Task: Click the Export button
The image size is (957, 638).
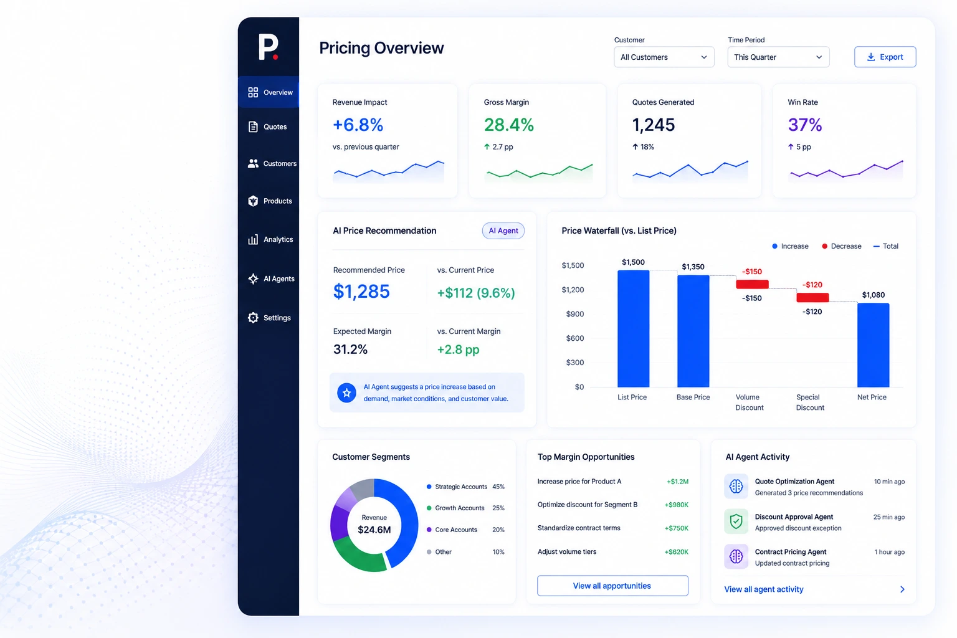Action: [x=885, y=57]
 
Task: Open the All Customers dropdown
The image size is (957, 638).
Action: [x=664, y=57]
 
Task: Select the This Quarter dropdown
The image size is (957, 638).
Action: [x=778, y=57]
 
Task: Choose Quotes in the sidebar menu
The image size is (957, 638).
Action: [x=268, y=127]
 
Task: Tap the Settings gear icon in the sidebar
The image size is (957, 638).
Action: [x=253, y=318]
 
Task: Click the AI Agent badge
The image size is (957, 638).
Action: [x=503, y=231]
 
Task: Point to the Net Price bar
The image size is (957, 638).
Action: [x=873, y=345]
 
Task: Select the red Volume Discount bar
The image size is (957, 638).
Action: [x=752, y=284]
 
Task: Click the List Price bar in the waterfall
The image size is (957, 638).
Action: [x=633, y=328]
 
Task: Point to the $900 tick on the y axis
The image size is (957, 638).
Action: [x=574, y=314]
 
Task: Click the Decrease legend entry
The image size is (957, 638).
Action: [x=841, y=246]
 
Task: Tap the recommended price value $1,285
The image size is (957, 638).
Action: [x=361, y=292]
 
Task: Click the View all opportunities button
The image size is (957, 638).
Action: [x=612, y=586]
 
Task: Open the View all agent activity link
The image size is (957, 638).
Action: [x=763, y=589]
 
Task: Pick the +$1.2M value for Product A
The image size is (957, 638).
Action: [x=678, y=482]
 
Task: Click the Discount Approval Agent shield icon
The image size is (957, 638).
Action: [x=736, y=521]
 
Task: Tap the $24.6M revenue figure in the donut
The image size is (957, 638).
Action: [x=374, y=530]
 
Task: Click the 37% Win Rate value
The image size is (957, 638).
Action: [x=804, y=125]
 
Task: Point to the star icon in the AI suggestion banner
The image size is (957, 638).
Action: [x=346, y=393]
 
